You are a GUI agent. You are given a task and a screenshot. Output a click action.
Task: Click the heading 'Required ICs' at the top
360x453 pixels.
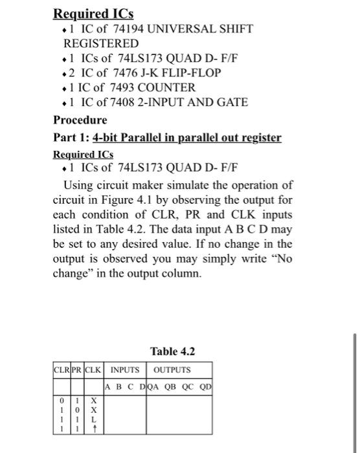tap(93, 13)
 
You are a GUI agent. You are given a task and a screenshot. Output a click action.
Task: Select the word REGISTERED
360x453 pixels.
tap(100, 43)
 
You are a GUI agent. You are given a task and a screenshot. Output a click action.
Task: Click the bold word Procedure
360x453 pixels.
tap(80, 120)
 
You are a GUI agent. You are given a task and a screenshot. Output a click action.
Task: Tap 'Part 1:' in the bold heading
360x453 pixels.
tap(71, 138)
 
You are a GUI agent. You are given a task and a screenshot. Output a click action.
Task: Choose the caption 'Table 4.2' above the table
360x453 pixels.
tap(172, 352)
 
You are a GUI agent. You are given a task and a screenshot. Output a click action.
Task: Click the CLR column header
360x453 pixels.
tap(61, 370)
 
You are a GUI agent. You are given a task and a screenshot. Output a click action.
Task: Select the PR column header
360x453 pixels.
tap(76, 370)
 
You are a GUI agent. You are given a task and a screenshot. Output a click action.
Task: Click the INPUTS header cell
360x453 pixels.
tap(124, 370)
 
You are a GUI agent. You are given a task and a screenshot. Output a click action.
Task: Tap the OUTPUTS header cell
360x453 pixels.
tap(172, 370)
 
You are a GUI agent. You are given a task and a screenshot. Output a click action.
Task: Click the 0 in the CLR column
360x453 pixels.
tap(62, 401)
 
